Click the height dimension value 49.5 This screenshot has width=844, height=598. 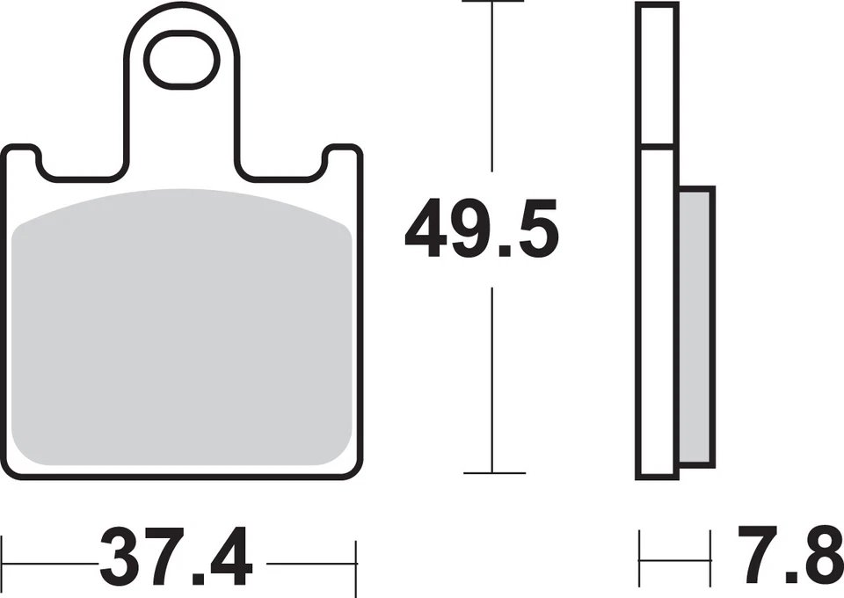coord(483,229)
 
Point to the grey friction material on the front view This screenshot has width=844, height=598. coord(181,327)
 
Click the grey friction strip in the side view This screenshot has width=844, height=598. coord(696,327)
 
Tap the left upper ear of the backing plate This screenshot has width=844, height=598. coord(21,159)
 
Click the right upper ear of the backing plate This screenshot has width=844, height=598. coord(343,159)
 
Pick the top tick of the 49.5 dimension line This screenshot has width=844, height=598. coord(492,1)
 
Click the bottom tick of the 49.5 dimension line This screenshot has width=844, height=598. coord(494,473)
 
